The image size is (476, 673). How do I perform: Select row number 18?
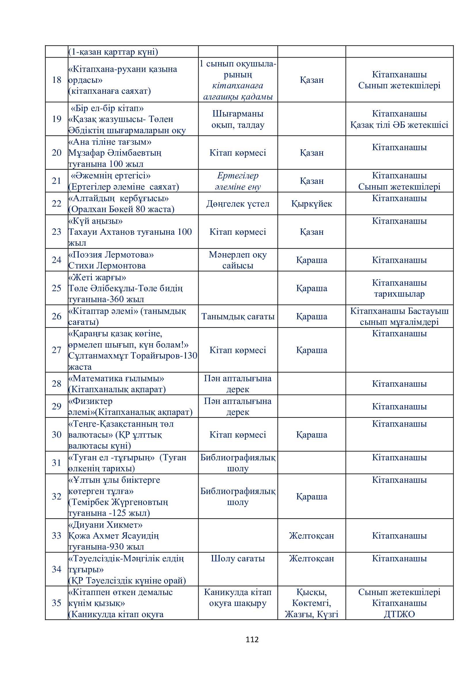[57, 80]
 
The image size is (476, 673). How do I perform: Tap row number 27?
[57, 350]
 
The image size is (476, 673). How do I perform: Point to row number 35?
[57, 603]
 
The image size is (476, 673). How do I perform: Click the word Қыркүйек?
[311, 204]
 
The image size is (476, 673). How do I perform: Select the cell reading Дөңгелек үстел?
[238, 204]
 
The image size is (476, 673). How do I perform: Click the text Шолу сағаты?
[238, 558]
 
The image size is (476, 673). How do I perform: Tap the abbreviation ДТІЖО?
[399, 614]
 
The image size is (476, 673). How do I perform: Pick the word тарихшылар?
[399, 294]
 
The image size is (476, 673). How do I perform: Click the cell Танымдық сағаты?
[238, 316]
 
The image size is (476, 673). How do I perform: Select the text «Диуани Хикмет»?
[106, 525]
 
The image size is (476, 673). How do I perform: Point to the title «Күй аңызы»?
[96, 221]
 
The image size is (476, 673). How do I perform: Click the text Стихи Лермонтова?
[107, 266]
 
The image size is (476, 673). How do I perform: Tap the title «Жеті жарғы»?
[97, 277]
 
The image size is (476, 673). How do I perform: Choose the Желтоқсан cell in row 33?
[311, 536]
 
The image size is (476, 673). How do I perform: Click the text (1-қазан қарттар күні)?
[113, 52]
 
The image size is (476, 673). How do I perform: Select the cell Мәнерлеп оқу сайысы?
[238, 260]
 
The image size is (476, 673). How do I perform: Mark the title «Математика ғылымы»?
[116, 378]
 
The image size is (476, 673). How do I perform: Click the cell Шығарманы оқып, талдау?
[238, 119]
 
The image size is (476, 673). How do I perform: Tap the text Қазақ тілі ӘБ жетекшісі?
[399, 125]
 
